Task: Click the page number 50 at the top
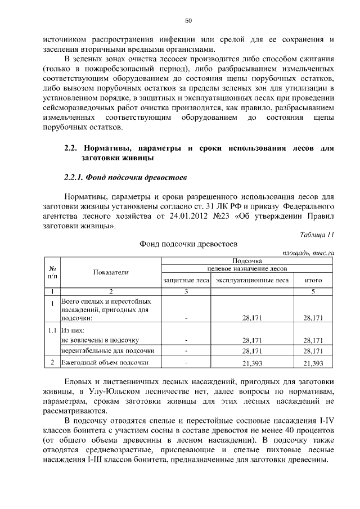pyautogui.click(x=189, y=21)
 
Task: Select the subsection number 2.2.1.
pyautogui.click(x=74, y=178)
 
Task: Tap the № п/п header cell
pyautogui.click(x=52, y=272)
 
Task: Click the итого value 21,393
pyautogui.click(x=313, y=363)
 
